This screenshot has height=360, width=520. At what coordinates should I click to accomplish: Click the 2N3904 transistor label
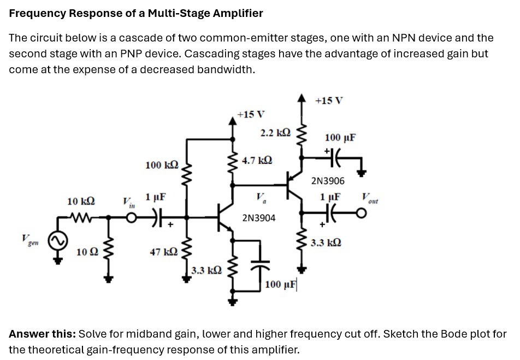point(259,218)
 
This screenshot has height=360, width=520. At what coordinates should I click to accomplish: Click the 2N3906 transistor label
point(328,180)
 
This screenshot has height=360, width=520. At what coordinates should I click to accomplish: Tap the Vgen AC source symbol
point(58,240)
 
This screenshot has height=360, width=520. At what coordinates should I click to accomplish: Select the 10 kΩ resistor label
point(80,202)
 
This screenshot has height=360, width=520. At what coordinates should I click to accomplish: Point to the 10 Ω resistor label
point(87,252)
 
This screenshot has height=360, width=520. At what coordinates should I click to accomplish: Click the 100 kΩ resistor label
point(162,164)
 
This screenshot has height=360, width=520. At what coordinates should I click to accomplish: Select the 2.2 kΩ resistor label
point(276,133)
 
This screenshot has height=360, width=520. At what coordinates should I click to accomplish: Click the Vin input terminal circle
point(132,217)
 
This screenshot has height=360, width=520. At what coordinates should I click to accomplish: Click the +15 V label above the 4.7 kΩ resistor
point(251,114)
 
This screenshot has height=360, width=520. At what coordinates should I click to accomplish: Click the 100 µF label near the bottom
point(280,285)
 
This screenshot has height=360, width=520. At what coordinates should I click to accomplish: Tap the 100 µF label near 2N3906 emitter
point(340,137)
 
